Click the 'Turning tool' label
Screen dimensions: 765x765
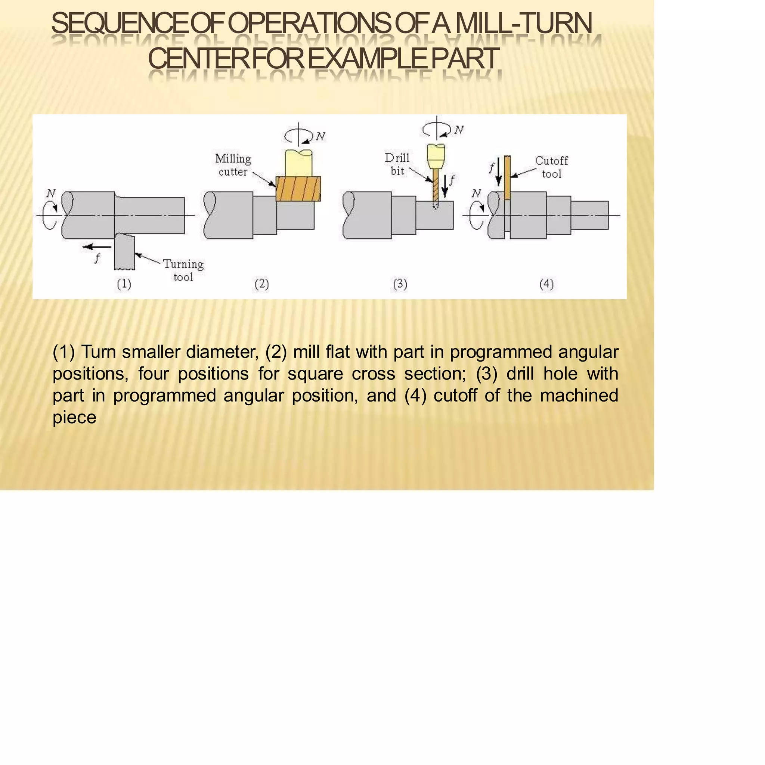pyautogui.click(x=183, y=270)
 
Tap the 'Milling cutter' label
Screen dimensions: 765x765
pyautogui.click(x=233, y=165)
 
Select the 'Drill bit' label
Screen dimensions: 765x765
pyautogui.click(x=397, y=164)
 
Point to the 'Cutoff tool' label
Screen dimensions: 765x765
pyautogui.click(x=552, y=167)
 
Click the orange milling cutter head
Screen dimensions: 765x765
pyautogui.click(x=298, y=189)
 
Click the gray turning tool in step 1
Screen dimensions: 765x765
pyautogui.click(x=125, y=252)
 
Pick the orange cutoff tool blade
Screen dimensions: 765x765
pyautogui.click(x=507, y=178)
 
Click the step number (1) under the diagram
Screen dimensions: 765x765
pyautogui.click(x=124, y=284)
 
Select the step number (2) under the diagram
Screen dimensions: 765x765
pyautogui.click(x=262, y=284)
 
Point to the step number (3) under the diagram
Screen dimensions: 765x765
pyautogui.click(x=400, y=284)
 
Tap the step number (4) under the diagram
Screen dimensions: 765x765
pyautogui.click(x=546, y=284)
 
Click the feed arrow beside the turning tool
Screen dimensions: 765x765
pyautogui.click(x=97, y=247)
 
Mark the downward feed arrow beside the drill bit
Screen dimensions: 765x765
pyautogui.click(x=445, y=186)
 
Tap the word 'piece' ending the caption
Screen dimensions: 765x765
pyautogui.click(x=74, y=418)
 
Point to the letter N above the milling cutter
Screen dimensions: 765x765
pyautogui.click(x=320, y=137)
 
